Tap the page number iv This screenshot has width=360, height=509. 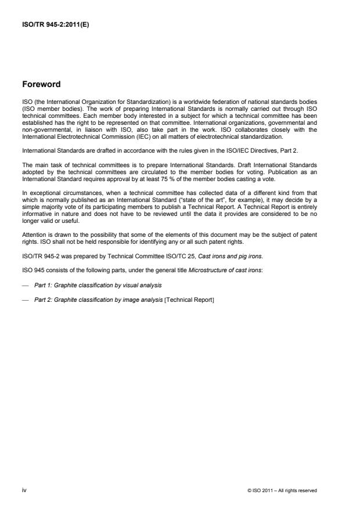point(24,490)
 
